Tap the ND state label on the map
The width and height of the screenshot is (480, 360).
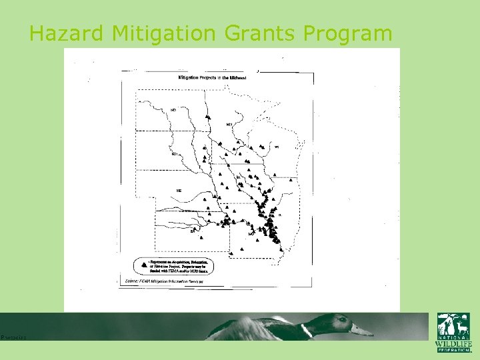pyautogui.click(x=173, y=109)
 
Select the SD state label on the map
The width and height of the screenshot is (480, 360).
pyautogui.click(x=175, y=154)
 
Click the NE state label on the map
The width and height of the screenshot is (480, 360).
pyautogui.click(x=179, y=191)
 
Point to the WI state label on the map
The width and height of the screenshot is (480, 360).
pyautogui.click(x=276, y=147)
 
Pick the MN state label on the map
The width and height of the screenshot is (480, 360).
pyautogui.click(x=229, y=125)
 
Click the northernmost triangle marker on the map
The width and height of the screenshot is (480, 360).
pyautogui.click(x=209, y=116)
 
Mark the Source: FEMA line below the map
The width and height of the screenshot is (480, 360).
pyautogui.click(x=163, y=282)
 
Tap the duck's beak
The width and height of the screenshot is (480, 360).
pyautogui.click(x=362, y=329)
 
